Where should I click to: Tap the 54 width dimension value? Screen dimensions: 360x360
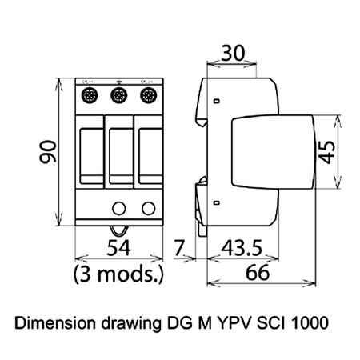117,250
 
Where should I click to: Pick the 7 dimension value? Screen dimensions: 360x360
181,250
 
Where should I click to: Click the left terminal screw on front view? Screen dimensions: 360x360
90,97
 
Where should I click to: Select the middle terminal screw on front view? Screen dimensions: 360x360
118,97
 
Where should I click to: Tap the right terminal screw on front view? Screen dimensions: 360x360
147,97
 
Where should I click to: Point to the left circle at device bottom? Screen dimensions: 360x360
118,209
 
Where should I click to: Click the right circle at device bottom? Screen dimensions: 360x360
147,209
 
